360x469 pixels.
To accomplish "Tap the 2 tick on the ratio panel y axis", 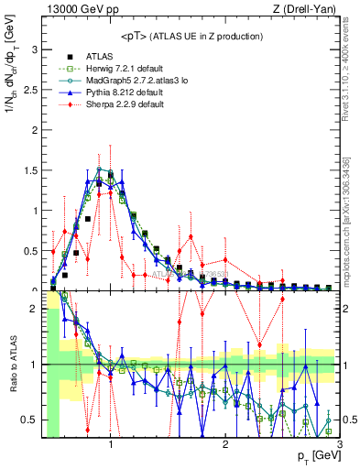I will (35, 309).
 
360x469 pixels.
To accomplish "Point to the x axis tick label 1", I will (111, 445).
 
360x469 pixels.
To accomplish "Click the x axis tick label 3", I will (340, 445).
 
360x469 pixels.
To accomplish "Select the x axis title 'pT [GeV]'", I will (313, 457).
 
